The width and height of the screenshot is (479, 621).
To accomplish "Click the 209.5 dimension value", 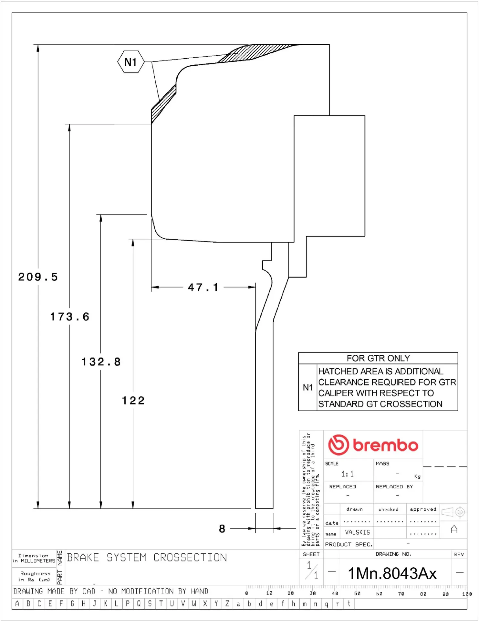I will pyautogui.click(x=38, y=277).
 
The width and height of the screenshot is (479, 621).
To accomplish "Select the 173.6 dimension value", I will pyautogui.click(x=70, y=317).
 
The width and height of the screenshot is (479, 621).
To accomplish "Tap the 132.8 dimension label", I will pyautogui.click(x=101, y=362).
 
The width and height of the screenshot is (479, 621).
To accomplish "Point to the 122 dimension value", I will pyautogui.click(x=133, y=401).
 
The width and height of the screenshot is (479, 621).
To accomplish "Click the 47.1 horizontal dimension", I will pyautogui.click(x=203, y=287).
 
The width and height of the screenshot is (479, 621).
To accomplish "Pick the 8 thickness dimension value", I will pyautogui.click(x=222, y=528).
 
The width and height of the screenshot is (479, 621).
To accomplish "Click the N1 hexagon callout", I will pyautogui.click(x=130, y=62).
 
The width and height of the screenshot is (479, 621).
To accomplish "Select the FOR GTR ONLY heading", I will pyautogui.click(x=378, y=358).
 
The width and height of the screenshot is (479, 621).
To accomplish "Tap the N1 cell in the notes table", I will pyautogui.click(x=307, y=387).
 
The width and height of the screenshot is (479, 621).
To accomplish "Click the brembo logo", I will pyautogui.click(x=373, y=445).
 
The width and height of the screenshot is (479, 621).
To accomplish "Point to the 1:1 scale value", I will pyautogui.click(x=348, y=474).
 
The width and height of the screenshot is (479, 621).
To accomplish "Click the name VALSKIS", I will pyautogui.click(x=357, y=532).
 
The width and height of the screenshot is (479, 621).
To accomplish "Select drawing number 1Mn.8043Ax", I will pyautogui.click(x=392, y=573).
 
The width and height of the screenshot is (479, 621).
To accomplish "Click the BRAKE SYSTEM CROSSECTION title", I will pyautogui.click(x=147, y=558).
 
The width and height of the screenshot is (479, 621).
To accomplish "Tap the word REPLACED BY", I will pyautogui.click(x=394, y=486).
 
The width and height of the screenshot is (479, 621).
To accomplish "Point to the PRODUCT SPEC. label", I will pyautogui.click(x=349, y=544).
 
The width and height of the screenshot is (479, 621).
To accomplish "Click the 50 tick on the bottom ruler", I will pyautogui.click(x=357, y=594).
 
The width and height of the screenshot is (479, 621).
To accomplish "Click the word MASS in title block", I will pyautogui.click(x=382, y=463).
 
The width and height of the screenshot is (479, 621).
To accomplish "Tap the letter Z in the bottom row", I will pyautogui.click(x=227, y=604).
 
